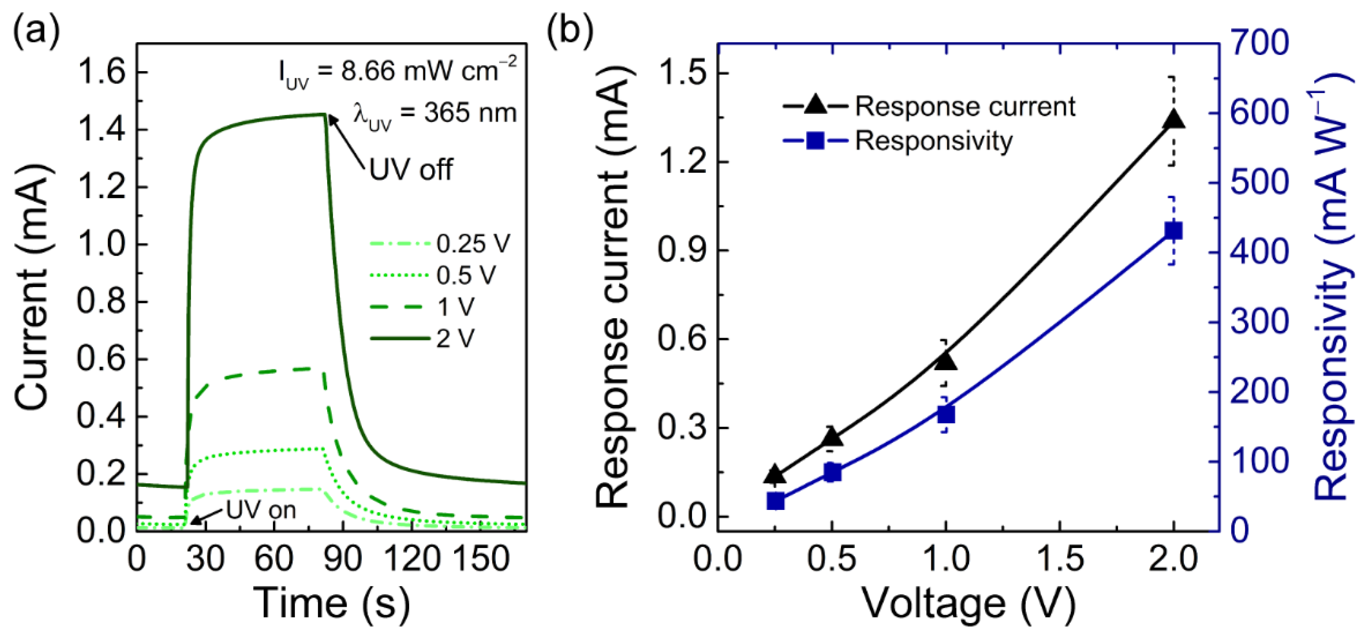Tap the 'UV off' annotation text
[411, 170]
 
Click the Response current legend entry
[929, 107]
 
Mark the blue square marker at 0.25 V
[775, 501]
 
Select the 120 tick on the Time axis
[412, 559]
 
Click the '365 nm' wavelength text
[470, 113]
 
